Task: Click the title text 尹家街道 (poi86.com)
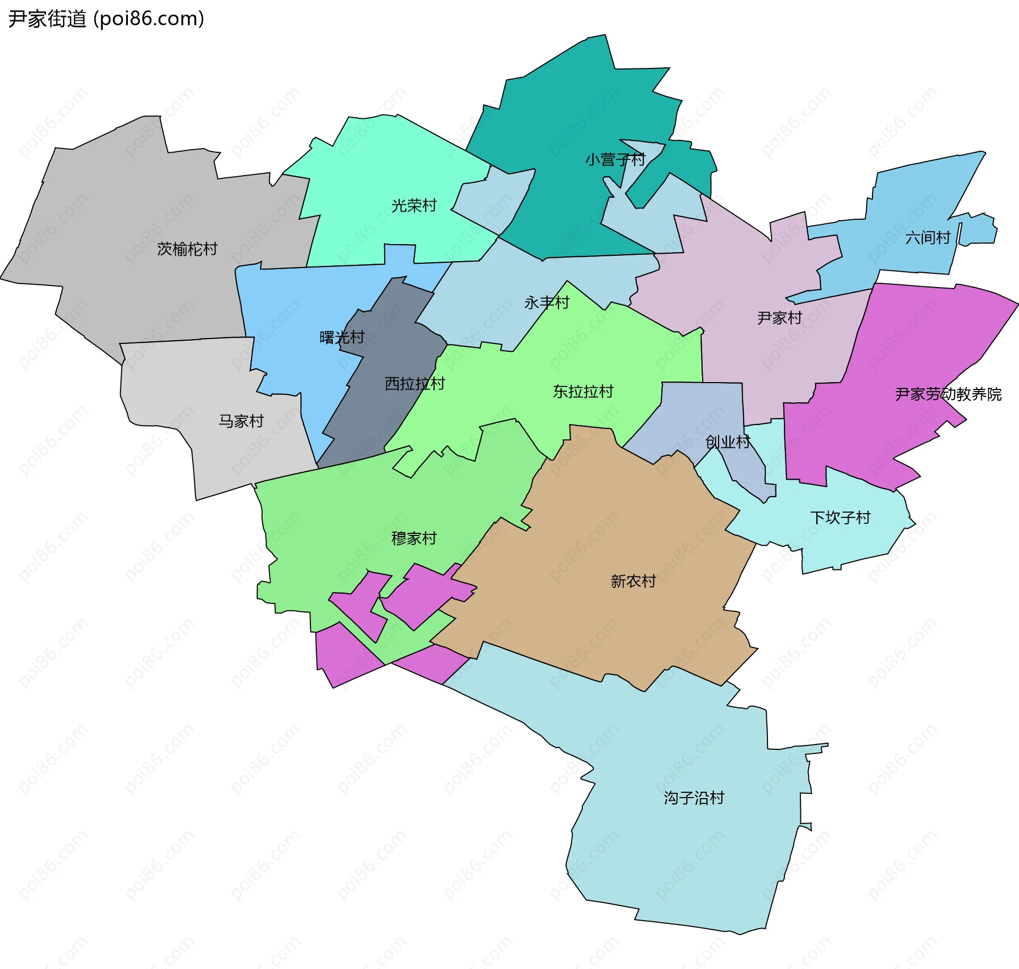click(x=106, y=19)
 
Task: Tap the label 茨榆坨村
click(x=187, y=249)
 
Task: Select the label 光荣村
click(x=414, y=205)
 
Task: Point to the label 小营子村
click(x=615, y=159)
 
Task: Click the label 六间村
click(x=928, y=237)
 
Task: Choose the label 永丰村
click(x=547, y=302)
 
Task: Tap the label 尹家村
click(x=780, y=318)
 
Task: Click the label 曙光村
click(x=342, y=338)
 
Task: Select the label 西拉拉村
click(x=414, y=384)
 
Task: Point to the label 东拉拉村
click(x=583, y=392)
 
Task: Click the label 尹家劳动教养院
click(x=948, y=394)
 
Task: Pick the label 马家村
click(x=241, y=421)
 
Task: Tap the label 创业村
click(x=728, y=442)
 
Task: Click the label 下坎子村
click(x=841, y=517)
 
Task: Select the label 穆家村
click(x=414, y=538)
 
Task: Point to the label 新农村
click(x=633, y=581)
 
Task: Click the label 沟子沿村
click(x=694, y=798)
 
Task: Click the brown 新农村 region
click(x=610, y=531)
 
